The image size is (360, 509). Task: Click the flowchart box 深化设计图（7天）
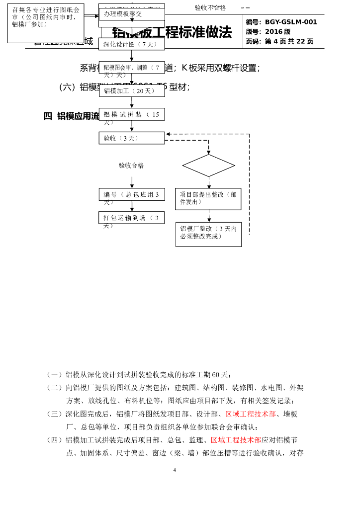(131, 44)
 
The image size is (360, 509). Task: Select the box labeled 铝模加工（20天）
(131, 90)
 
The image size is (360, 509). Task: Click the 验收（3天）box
(131, 138)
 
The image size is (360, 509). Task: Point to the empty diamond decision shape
(208, 166)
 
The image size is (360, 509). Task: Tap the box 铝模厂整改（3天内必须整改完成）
(208, 234)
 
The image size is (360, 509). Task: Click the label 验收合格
(131, 166)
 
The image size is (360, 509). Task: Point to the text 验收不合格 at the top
(210, 8)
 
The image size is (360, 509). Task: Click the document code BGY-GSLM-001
(291, 22)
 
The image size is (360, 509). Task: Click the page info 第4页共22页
(289, 41)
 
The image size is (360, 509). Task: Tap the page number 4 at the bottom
(175, 470)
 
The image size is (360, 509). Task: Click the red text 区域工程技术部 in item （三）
(251, 414)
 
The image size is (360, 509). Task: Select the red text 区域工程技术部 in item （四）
(236, 440)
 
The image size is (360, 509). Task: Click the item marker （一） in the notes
(55, 375)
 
